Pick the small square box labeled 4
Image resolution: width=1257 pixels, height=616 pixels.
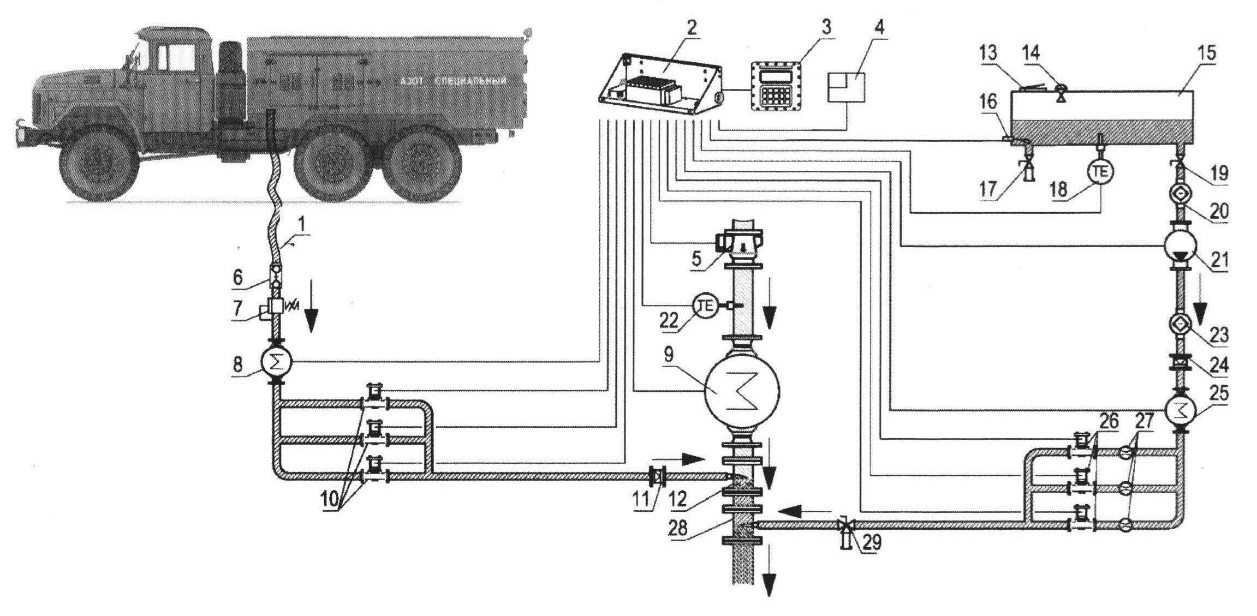[846, 87]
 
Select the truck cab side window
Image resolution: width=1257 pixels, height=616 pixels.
[172, 57]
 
